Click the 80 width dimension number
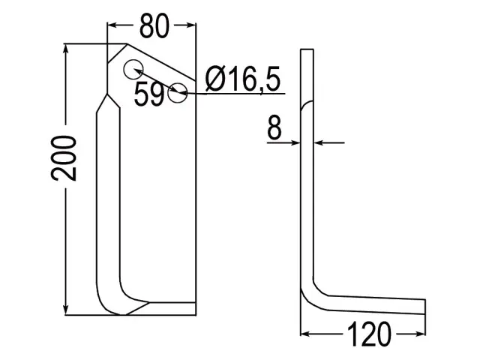pyautogui.click(x=154, y=25)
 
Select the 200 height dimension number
pyautogui.click(x=64, y=158)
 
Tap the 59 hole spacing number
pyautogui.click(x=149, y=94)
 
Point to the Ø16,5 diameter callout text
pyautogui.click(x=243, y=79)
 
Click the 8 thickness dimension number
pyautogui.click(x=274, y=127)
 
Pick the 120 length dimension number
pyautogui.click(x=369, y=334)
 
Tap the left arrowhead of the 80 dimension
pyautogui.click(x=112, y=25)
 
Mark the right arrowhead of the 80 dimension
pyautogui.click(x=190, y=25)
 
